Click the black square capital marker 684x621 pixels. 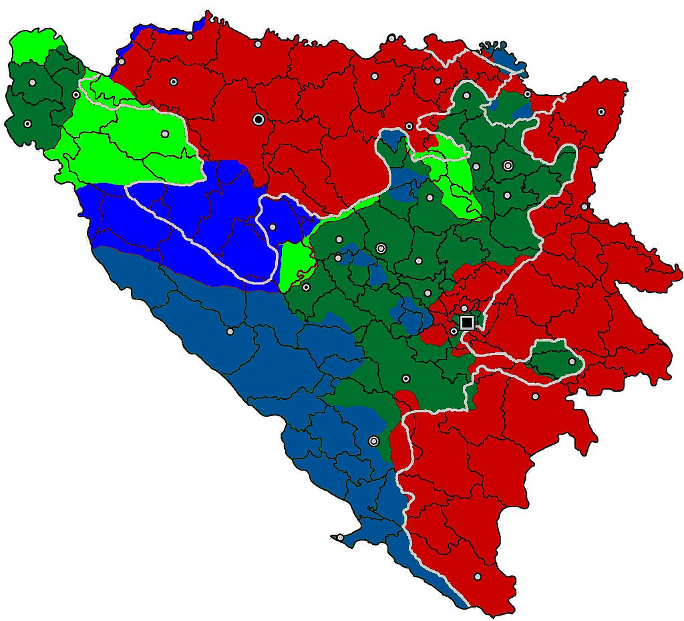tap(467, 323)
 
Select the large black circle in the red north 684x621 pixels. tap(259, 119)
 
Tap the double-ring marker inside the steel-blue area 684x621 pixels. tap(373, 441)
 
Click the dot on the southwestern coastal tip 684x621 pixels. tap(340, 537)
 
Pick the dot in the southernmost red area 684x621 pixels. tap(478, 576)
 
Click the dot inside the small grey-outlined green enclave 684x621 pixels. tap(572, 362)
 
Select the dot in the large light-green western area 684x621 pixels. tap(164, 133)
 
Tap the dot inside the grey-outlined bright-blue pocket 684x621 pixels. tap(273, 227)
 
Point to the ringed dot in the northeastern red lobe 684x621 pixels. tap(601, 112)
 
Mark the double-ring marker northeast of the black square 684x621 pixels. tap(508, 165)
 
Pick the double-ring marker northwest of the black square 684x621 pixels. tap(381, 248)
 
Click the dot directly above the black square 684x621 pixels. tap(464, 308)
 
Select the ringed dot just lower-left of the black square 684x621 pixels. tap(454, 331)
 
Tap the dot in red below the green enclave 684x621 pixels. tap(535, 396)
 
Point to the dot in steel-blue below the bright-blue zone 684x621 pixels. tap(230, 332)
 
